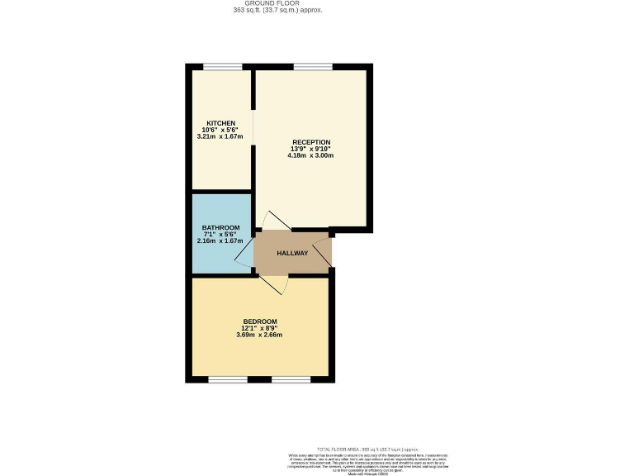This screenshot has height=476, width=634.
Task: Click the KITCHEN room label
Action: point(220,123)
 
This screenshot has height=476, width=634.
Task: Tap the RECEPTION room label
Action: point(310,141)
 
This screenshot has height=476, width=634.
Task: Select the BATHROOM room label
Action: point(220,228)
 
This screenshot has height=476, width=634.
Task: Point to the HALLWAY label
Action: point(292,253)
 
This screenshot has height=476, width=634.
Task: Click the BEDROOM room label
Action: point(259,321)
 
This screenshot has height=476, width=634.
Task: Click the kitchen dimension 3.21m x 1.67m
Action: point(220,136)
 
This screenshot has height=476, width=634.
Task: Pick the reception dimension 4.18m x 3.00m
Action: point(310,155)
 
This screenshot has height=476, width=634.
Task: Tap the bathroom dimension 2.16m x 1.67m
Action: point(220,241)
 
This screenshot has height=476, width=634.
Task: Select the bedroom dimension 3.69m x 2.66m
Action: point(259,335)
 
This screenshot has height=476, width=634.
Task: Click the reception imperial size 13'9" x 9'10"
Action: point(310,148)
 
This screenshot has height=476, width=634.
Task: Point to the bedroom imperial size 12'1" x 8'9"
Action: point(259,328)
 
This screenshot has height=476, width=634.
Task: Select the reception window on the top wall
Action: point(313,67)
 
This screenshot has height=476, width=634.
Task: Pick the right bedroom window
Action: point(291,379)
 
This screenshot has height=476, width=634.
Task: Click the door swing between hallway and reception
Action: point(276,221)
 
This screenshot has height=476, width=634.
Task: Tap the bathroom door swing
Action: point(245,257)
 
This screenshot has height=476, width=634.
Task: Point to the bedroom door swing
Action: point(276,284)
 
